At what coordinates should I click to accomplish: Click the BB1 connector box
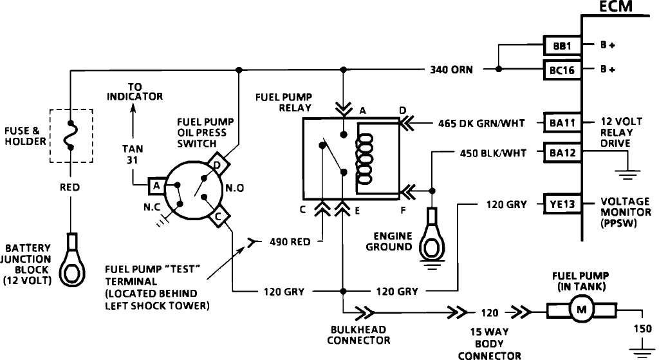(562, 46)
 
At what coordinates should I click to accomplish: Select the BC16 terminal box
(562, 70)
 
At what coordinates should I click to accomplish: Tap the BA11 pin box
(562, 123)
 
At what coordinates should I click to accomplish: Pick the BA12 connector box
(562, 153)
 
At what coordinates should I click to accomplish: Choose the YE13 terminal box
(562, 204)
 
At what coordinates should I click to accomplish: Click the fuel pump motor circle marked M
(582, 310)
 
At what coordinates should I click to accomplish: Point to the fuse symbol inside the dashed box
(70, 135)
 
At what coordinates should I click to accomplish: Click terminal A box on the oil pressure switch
(157, 185)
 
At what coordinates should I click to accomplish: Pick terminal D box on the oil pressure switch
(219, 163)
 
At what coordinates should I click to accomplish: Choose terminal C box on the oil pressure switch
(219, 217)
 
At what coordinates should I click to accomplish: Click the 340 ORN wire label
(451, 70)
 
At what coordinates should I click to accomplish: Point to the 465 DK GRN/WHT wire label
(481, 124)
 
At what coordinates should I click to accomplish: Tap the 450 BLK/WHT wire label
(493, 153)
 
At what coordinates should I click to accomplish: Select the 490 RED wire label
(290, 242)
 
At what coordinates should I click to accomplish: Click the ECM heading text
(615, 6)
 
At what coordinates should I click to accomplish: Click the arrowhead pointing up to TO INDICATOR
(133, 108)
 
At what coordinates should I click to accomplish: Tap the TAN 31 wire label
(133, 155)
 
